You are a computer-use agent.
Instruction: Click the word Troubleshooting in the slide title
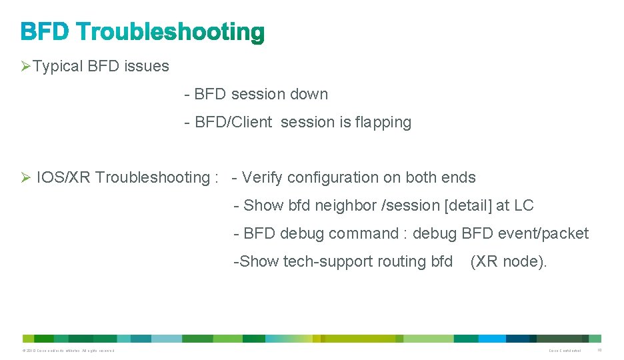coord(171,32)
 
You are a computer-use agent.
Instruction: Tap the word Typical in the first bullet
coord(58,67)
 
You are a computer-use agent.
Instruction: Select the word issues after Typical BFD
coord(147,67)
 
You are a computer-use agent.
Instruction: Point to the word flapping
coord(383,123)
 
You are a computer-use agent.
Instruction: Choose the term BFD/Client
coord(233,123)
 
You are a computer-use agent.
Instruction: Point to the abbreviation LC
coord(524,205)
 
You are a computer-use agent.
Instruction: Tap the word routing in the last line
coord(399,261)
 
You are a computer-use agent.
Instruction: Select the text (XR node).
coord(508,261)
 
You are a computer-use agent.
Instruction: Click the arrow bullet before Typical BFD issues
coord(25,67)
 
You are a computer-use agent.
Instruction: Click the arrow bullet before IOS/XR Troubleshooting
coord(25,177)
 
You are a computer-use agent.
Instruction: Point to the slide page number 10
coord(599,351)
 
